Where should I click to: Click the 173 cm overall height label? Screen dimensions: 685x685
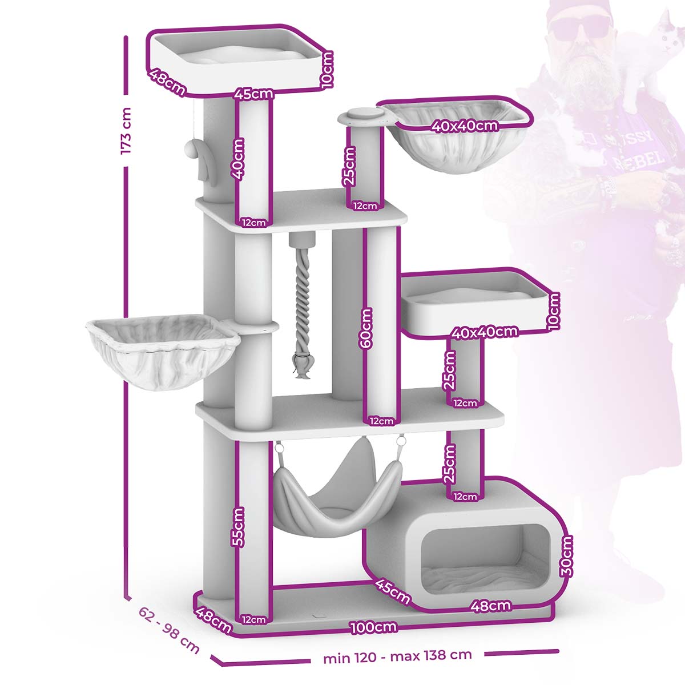point(126,131)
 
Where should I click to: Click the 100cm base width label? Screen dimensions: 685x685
point(373,627)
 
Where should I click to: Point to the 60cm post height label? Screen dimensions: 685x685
point(366,328)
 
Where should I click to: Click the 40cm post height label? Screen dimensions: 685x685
point(237,159)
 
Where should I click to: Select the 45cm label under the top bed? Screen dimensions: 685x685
point(254,94)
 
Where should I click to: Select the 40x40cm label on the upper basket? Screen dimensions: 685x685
point(465,126)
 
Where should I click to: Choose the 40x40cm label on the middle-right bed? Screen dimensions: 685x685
point(485,332)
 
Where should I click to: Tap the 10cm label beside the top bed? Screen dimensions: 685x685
point(327,69)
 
